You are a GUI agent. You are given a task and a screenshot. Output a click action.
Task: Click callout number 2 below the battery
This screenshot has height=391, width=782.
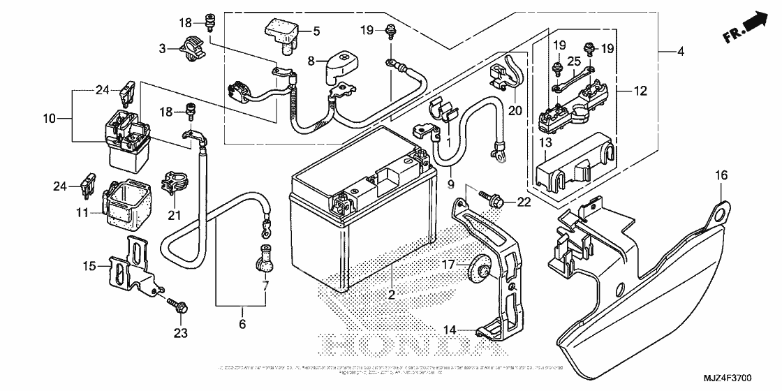391,295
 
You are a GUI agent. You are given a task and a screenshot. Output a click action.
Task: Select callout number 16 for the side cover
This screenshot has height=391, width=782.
720,175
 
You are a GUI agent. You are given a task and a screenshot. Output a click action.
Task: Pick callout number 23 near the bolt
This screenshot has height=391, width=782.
181,334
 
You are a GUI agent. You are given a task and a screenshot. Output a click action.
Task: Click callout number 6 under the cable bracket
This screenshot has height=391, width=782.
242,324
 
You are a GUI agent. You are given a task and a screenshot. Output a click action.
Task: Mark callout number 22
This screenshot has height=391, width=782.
524,202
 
